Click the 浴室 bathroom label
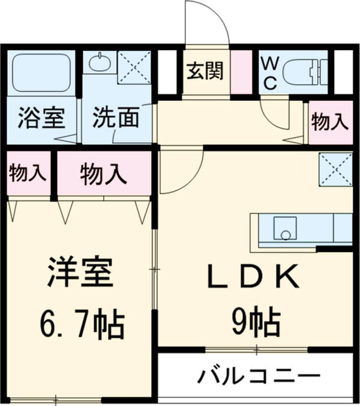click(41, 118)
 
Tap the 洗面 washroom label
click(115, 118)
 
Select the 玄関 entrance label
click(204, 70)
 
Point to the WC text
click(269, 72)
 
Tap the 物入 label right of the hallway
click(329, 122)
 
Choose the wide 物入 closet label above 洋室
click(103, 174)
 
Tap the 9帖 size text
click(254, 324)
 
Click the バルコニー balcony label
click(256, 378)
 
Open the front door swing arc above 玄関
click(207, 24)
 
